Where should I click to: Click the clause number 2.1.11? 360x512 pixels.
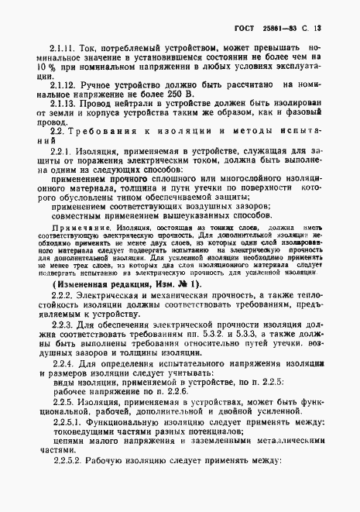click(62, 48)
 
